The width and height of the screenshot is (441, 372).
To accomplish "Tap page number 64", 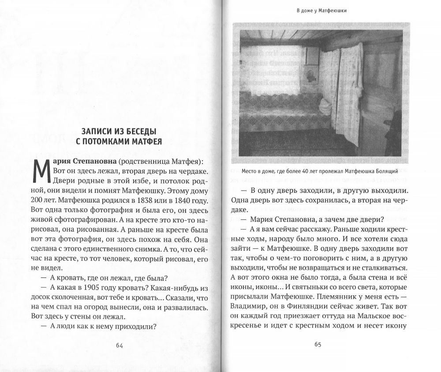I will [x=119, y=345].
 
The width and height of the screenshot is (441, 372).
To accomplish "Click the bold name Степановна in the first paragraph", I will [x=92, y=162].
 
